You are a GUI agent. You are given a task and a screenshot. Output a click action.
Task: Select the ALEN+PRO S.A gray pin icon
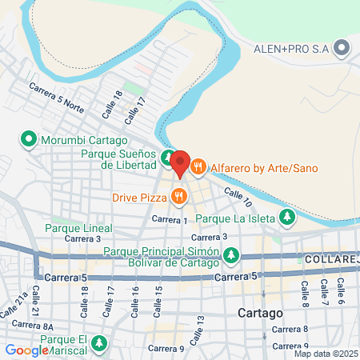tap(342, 49)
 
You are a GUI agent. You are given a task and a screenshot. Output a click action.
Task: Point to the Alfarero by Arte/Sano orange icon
tap(198, 166)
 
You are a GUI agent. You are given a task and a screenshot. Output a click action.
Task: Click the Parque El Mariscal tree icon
tap(99, 344)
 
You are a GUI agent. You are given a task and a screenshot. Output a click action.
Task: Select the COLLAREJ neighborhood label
tap(331, 260)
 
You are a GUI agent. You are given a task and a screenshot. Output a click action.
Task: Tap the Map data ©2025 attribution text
tap(325, 354)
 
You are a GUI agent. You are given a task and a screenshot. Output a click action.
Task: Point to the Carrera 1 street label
tap(169, 219)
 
